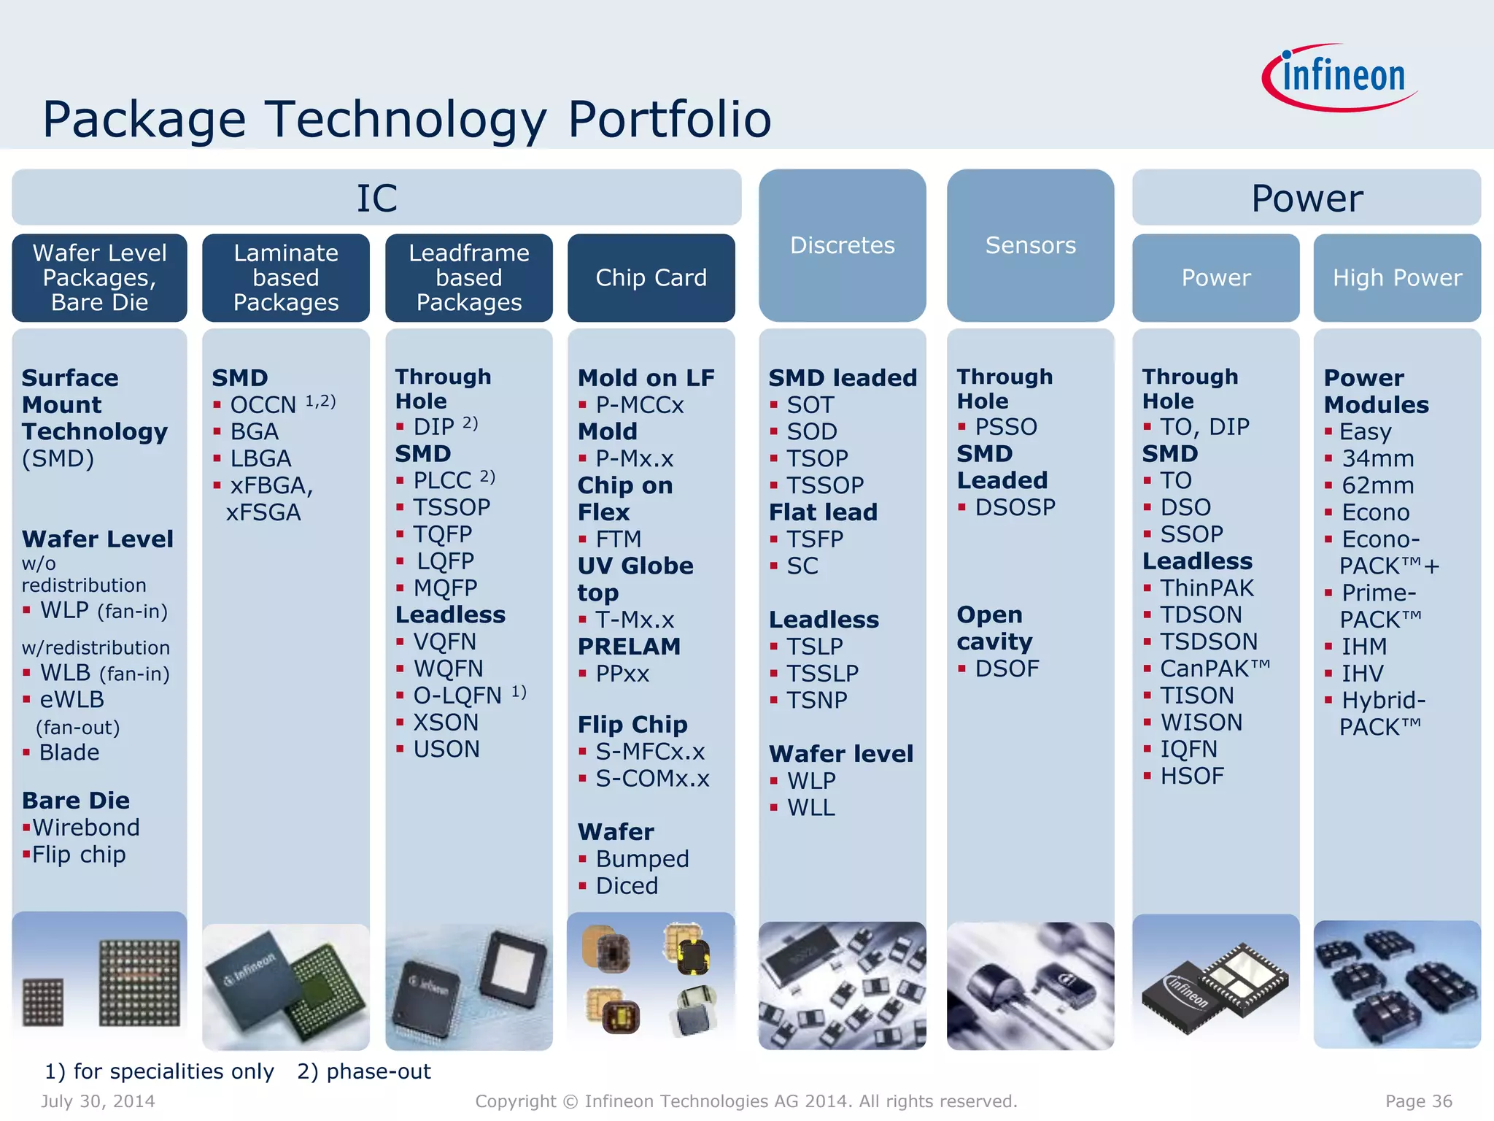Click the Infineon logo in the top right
[x=1341, y=77]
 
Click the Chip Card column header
[x=651, y=277]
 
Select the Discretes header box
[x=842, y=245]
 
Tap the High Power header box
[x=1397, y=277]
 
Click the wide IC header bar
[x=376, y=198]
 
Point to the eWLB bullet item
[x=71, y=699]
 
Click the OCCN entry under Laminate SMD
[x=263, y=404]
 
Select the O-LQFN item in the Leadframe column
[x=457, y=696]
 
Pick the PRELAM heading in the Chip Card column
[x=629, y=647]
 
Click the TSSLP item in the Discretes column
[x=822, y=673]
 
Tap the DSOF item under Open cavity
[x=1007, y=669]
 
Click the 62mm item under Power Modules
[x=1377, y=485]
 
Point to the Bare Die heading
[x=76, y=801]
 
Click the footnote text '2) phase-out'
[x=363, y=1071]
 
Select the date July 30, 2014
[x=98, y=1101]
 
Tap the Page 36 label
[x=1418, y=1101]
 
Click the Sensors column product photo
[x=1030, y=985]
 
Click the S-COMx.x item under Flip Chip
[x=652, y=779]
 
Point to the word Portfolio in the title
[x=669, y=119]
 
